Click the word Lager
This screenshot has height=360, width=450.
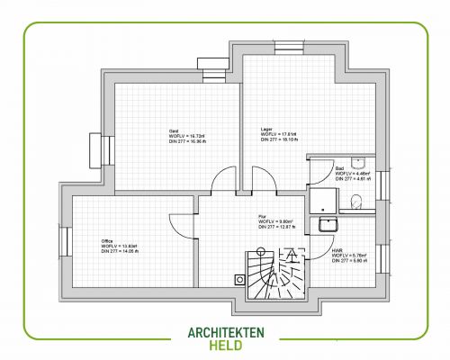point(266,129)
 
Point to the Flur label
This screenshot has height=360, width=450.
point(262,217)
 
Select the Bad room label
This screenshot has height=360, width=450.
point(339,168)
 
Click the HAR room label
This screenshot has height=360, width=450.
point(337,250)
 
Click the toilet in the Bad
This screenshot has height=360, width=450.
point(357,202)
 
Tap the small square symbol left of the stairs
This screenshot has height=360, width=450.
point(239,279)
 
